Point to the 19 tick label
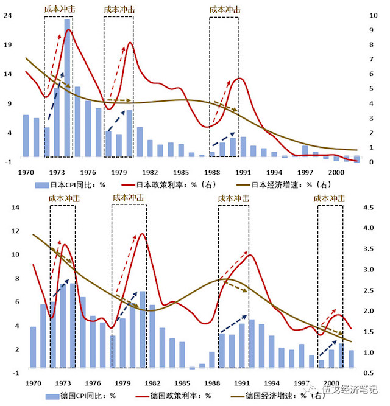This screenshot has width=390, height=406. tap(9, 44)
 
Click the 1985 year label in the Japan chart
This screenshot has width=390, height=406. tap(181, 172)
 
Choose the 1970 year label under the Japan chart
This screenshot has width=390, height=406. tap(27, 172)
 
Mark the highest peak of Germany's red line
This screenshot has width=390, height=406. tap(143, 234)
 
